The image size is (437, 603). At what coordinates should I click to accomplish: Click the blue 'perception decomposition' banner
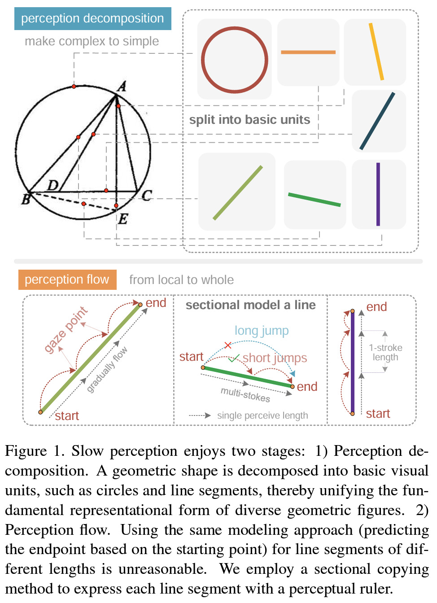pyautogui.click(x=92, y=18)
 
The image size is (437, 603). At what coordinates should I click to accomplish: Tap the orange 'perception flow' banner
pyautogui.click(x=67, y=280)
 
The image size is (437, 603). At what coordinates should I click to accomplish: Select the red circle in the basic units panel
pyautogui.click(x=234, y=60)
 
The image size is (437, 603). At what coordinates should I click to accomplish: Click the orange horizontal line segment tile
pyautogui.click(x=308, y=52)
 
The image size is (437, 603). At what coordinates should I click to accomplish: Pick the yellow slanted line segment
pyautogui.click(x=376, y=52)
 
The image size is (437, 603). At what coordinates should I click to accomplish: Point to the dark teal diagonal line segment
pyautogui.click(x=377, y=121)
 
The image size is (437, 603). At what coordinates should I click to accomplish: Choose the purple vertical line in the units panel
pyautogui.click(x=378, y=194)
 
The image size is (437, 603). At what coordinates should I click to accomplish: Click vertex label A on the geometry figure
pyautogui.click(x=121, y=87)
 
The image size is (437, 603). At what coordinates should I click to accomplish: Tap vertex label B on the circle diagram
pyautogui.click(x=26, y=199)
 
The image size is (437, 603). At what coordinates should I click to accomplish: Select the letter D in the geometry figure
pyautogui.click(x=53, y=185)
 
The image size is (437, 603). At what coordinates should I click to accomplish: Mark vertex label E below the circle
pyautogui.click(x=122, y=219)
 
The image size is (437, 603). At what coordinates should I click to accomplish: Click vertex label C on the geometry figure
pyautogui.click(x=147, y=196)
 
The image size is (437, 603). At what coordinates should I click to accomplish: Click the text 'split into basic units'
pyautogui.click(x=249, y=120)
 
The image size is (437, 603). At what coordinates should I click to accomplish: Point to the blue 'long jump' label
pyautogui.click(x=262, y=331)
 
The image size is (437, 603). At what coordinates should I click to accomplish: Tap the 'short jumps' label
pyautogui.click(x=275, y=358)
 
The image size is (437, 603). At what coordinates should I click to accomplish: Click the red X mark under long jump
pyautogui.click(x=228, y=345)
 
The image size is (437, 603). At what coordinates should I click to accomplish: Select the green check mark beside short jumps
pyautogui.click(x=233, y=358)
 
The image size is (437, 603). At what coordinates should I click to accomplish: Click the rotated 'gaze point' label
pyautogui.click(x=66, y=329)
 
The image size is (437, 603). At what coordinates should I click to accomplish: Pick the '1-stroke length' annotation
pyautogui.click(x=385, y=352)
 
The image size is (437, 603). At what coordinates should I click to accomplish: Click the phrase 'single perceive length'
pyautogui.click(x=262, y=415)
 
